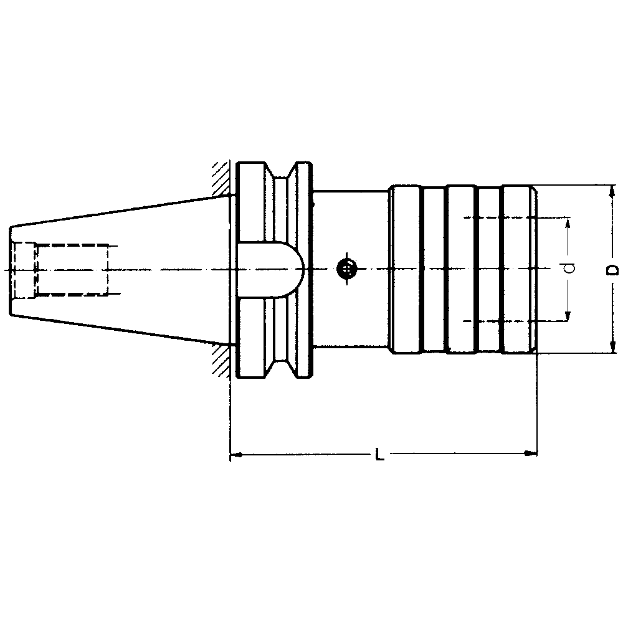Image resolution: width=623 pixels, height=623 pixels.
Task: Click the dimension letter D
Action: click(613, 269)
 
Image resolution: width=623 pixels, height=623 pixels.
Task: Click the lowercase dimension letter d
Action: click(568, 269)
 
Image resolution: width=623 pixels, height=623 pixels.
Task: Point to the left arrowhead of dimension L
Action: click(235, 455)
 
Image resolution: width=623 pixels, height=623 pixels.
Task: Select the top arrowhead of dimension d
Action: click(568, 222)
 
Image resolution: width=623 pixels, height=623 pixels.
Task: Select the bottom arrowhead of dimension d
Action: click(568, 316)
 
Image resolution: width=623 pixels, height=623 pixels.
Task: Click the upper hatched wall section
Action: click(220, 179)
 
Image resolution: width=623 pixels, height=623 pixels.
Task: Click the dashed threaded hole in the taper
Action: click(72, 270)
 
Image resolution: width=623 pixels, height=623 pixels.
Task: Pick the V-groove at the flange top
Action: click(284, 178)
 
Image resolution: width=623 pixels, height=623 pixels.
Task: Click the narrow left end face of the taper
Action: click(11, 269)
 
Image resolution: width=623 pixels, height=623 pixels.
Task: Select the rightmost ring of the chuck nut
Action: click(518, 269)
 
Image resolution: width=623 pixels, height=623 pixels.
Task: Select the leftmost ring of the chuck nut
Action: click(405, 269)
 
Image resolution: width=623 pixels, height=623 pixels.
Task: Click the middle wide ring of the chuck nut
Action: click(461, 269)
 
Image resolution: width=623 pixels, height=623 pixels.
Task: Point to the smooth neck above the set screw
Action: click(349, 218)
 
